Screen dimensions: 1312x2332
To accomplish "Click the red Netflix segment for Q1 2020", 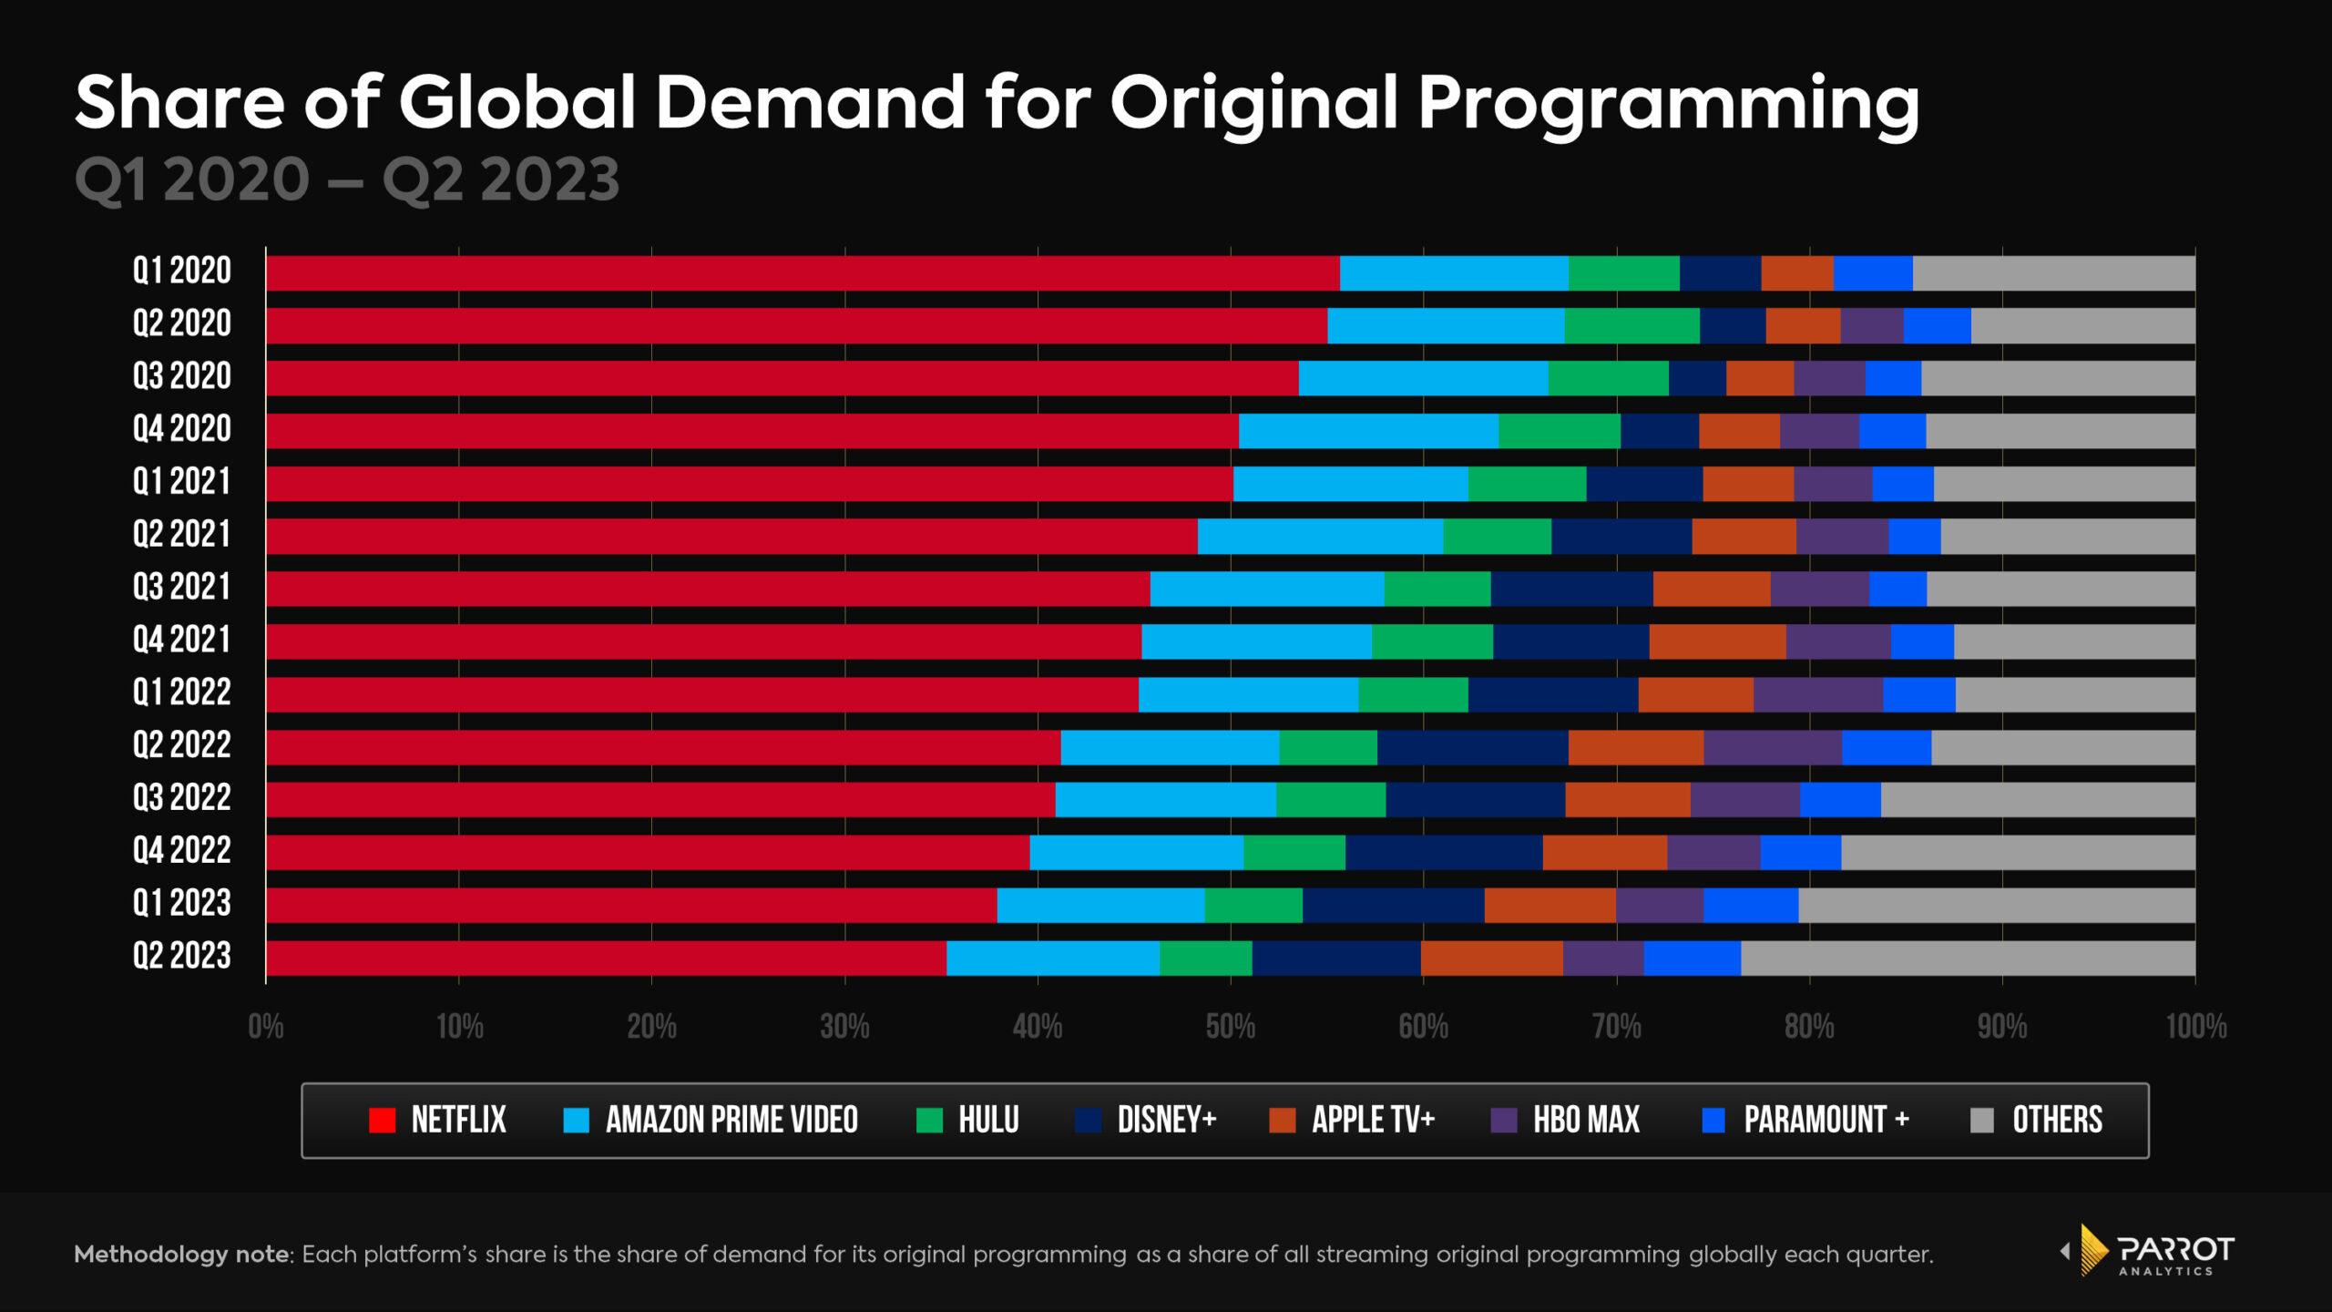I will point(802,273).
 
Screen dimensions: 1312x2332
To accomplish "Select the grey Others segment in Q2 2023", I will point(1968,958).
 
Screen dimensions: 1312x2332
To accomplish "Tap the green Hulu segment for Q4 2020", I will point(1560,431).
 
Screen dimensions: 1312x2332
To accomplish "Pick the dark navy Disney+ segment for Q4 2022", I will point(1444,853).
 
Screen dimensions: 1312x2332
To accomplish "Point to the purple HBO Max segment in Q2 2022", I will point(1773,747).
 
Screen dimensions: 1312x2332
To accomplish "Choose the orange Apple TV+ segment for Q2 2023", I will point(1491,958).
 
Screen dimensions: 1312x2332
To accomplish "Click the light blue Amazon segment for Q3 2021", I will point(1266,589).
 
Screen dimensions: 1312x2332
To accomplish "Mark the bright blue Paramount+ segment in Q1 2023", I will point(1751,906).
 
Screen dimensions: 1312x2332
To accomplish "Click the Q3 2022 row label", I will point(182,798).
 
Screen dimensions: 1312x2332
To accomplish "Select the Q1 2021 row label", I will point(182,481).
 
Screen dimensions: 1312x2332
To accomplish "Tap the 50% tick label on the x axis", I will point(1231,1028).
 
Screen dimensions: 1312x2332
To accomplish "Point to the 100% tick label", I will point(2195,1028).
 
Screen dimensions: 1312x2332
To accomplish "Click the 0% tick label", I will point(266,1028).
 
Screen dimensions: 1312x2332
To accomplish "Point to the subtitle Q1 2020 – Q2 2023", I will point(347,179).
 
